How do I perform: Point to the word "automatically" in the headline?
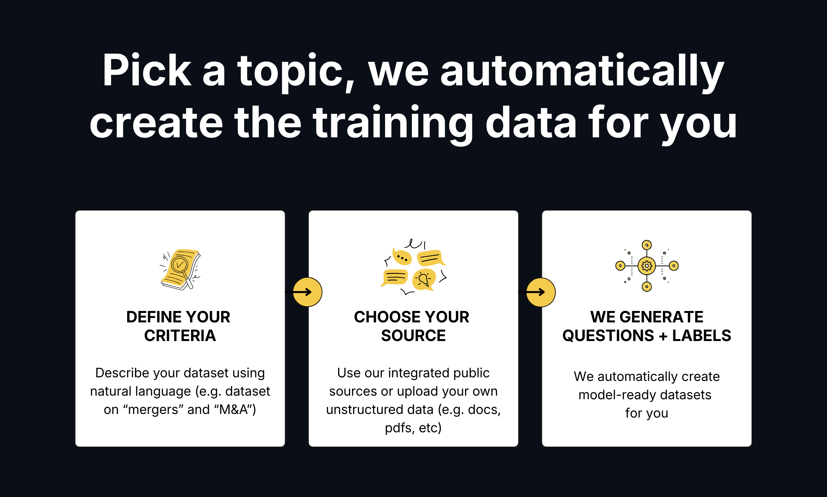(582, 71)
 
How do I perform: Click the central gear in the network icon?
(647, 266)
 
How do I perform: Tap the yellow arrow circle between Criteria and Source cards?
(307, 292)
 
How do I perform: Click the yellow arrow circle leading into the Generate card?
(541, 292)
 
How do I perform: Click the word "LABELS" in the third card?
(701, 335)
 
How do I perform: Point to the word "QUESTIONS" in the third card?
(608, 335)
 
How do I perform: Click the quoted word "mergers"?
(153, 410)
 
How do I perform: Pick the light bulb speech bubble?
(424, 279)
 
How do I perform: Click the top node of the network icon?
(647, 245)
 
